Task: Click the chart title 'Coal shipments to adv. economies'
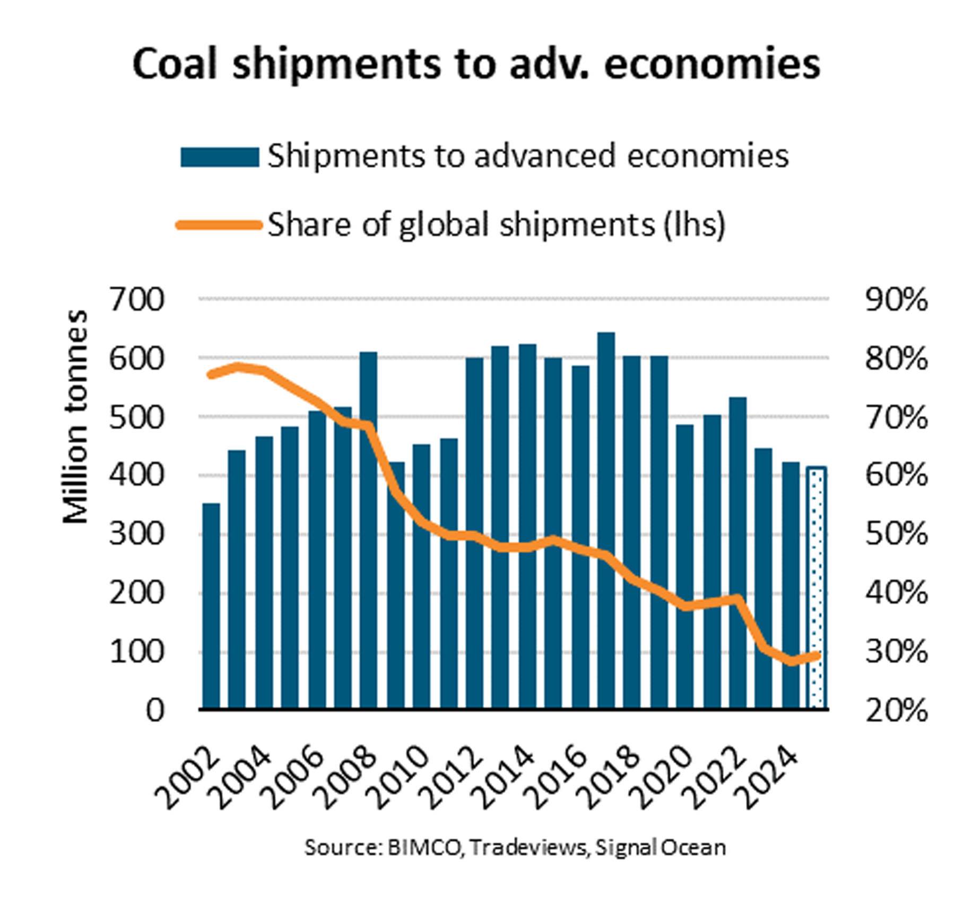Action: pyautogui.click(x=476, y=64)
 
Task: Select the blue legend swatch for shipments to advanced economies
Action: pyautogui.click(x=220, y=157)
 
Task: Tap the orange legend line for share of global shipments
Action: pyautogui.click(x=220, y=225)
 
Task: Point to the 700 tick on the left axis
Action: pyautogui.click(x=137, y=300)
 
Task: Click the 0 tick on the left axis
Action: pyautogui.click(x=154, y=710)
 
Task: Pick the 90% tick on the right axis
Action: pyautogui.click(x=897, y=300)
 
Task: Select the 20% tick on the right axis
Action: pyautogui.click(x=897, y=710)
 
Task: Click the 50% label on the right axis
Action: pyautogui.click(x=897, y=534)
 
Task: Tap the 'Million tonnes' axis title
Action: pyautogui.click(x=75, y=417)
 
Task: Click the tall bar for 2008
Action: pyautogui.click(x=369, y=531)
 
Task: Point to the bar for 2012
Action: pyautogui.click(x=474, y=533)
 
